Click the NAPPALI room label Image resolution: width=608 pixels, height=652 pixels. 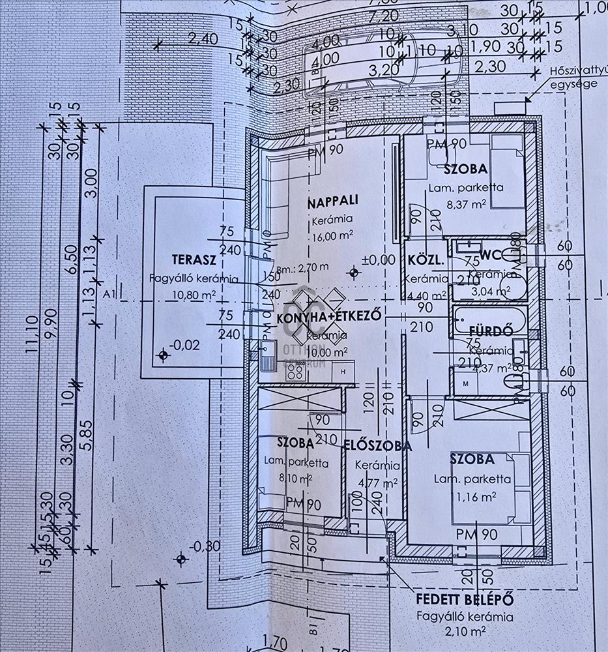click(x=334, y=202)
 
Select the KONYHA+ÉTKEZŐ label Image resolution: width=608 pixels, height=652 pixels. click(x=328, y=318)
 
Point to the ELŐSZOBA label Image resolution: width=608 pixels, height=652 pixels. click(x=377, y=447)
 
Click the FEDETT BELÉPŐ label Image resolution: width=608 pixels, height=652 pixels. click(x=465, y=599)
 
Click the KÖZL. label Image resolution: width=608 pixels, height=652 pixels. click(x=426, y=261)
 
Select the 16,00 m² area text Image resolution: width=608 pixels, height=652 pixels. click(x=333, y=236)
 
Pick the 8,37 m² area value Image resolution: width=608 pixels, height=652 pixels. click(x=466, y=204)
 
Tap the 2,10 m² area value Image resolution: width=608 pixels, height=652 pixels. click(x=465, y=630)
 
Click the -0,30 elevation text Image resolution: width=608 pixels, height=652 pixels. click(x=205, y=546)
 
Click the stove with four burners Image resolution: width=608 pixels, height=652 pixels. click(x=295, y=372)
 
